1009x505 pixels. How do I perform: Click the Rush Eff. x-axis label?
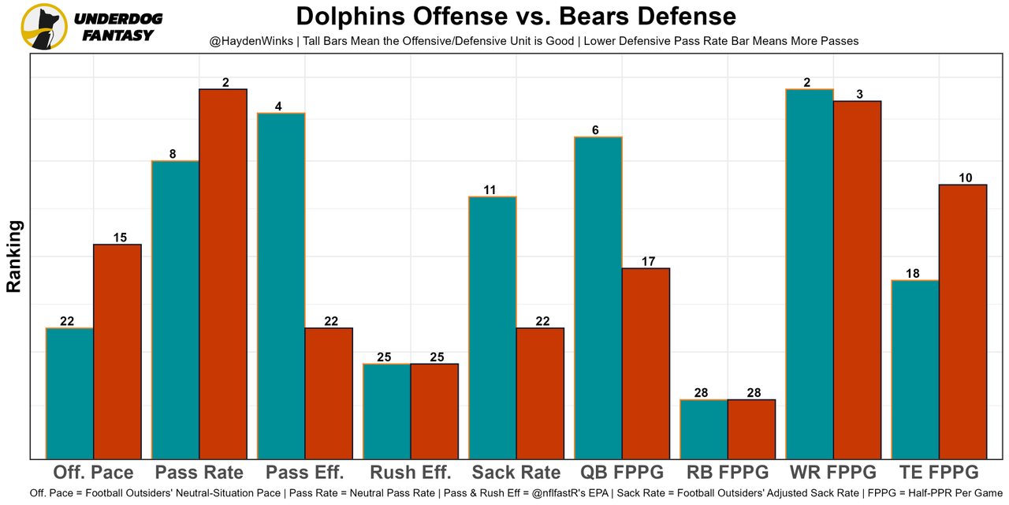point(411,473)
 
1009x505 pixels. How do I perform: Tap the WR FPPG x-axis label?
point(833,473)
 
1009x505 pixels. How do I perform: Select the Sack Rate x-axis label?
point(516,473)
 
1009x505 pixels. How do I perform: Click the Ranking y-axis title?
point(14,256)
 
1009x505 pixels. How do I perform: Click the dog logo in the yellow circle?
point(43,26)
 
